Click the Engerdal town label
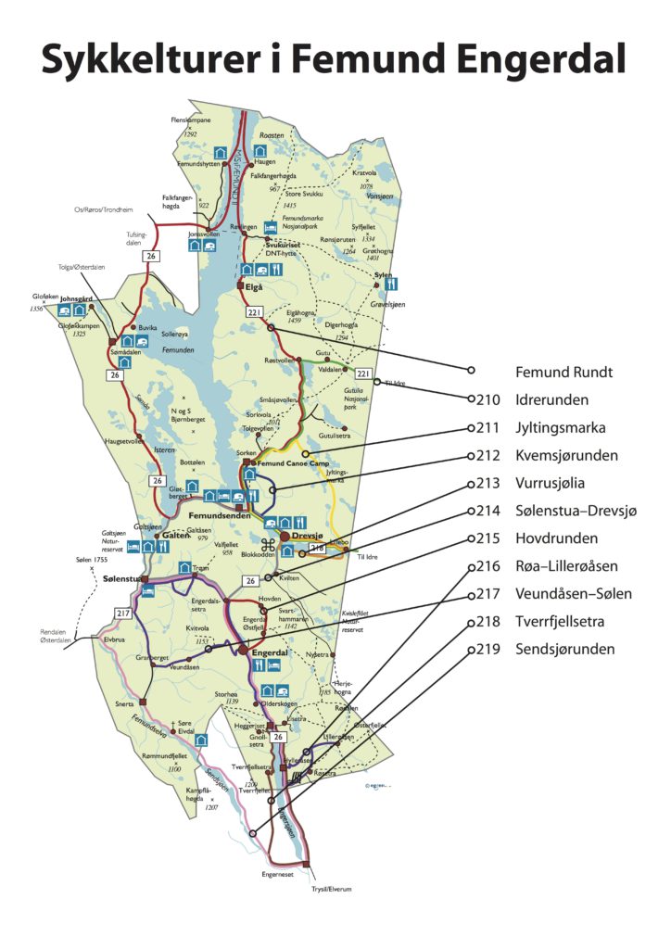(x=272, y=652)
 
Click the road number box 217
(x=121, y=613)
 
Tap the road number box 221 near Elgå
(x=256, y=313)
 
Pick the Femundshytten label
(x=196, y=163)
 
